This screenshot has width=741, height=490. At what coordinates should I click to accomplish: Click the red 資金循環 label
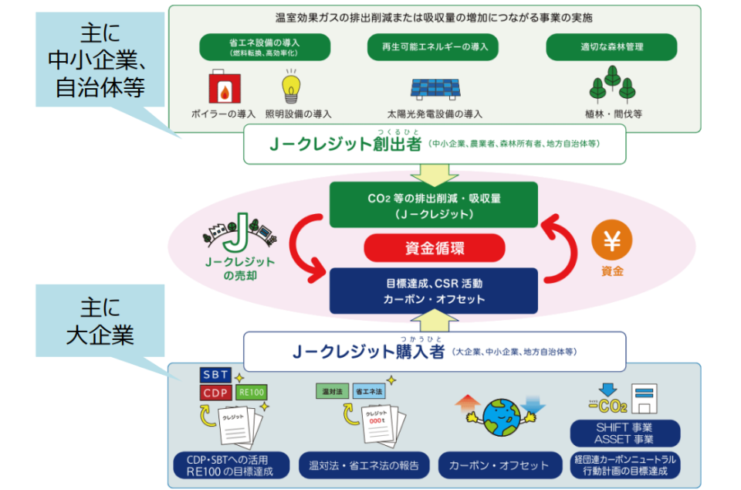coord(435,248)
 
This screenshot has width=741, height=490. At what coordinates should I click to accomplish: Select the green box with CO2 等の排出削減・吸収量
coord(435,206)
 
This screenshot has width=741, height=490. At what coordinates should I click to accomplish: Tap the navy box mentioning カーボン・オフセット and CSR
coord(435,291)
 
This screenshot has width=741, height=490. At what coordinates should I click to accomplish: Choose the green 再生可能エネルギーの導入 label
coord(435,47)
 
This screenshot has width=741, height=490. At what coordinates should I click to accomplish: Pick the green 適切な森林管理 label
coord(612,47)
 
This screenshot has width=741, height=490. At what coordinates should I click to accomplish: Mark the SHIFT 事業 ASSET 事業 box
coord(624,433)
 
